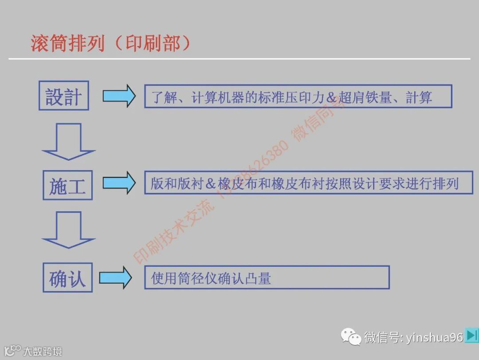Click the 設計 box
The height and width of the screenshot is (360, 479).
(63, 95)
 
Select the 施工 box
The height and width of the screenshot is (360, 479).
(67, 185)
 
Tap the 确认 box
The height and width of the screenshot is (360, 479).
(67, 278)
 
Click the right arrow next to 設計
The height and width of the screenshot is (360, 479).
(119, 96)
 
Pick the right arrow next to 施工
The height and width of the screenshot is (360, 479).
(119, 183)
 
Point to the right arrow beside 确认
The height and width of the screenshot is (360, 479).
(115, 278)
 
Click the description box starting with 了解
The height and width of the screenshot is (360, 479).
(298, 96)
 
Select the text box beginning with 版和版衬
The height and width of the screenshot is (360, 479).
(308, 182)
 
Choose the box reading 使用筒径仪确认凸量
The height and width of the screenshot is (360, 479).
(267, 278)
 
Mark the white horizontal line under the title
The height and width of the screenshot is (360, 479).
(239, 59)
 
